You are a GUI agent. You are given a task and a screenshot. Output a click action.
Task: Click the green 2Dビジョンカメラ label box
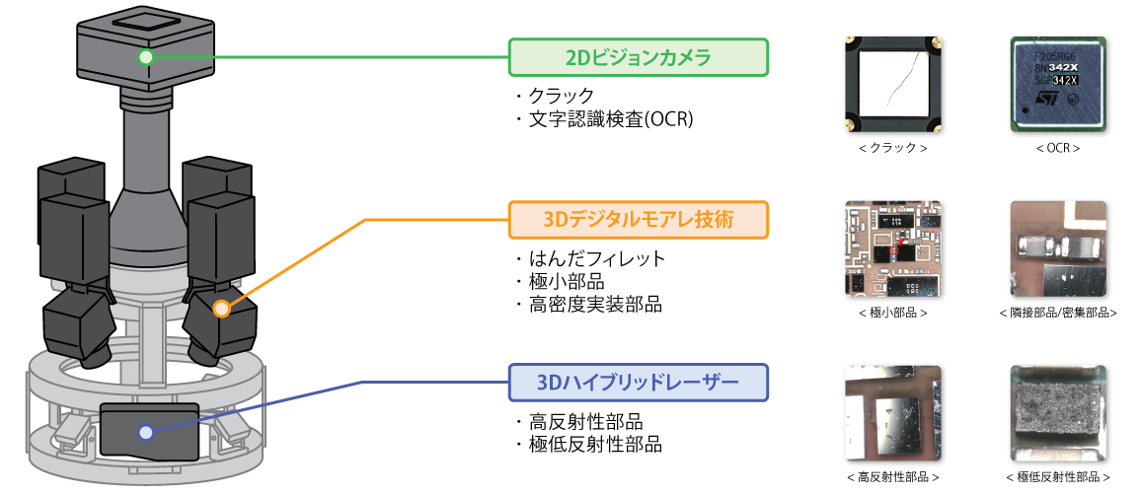point(638,57)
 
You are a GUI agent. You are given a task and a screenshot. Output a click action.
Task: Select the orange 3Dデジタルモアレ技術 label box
point(638,220)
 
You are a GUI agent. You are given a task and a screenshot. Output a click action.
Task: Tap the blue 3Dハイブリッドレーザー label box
point(638,383)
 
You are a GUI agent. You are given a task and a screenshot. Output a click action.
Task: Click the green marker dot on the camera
point(146,57)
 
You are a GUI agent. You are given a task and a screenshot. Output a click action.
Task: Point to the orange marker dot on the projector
point(222,309)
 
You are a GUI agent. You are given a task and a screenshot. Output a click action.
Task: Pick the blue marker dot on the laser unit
point(146,433)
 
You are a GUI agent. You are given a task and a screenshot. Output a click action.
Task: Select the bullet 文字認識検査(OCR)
point(610,119)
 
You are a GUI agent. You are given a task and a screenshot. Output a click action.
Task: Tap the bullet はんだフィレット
point(597,258)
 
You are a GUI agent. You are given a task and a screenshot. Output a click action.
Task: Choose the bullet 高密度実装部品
point(595,305)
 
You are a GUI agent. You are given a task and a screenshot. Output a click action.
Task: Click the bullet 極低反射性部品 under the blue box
point(595,444)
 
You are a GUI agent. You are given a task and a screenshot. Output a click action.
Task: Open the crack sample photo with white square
point(893,85)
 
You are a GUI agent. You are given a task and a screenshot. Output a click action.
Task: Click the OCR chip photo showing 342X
point(1058,85)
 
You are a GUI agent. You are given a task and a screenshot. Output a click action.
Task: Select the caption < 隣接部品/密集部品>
point(1058,313)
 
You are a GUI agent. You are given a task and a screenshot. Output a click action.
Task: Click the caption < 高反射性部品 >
point(893,477)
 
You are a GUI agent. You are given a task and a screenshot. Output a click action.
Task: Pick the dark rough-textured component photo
point(1058,413)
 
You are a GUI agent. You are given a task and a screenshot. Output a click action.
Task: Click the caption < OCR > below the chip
point(1058,148)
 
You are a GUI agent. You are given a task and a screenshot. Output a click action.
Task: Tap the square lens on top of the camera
point(146,25)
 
